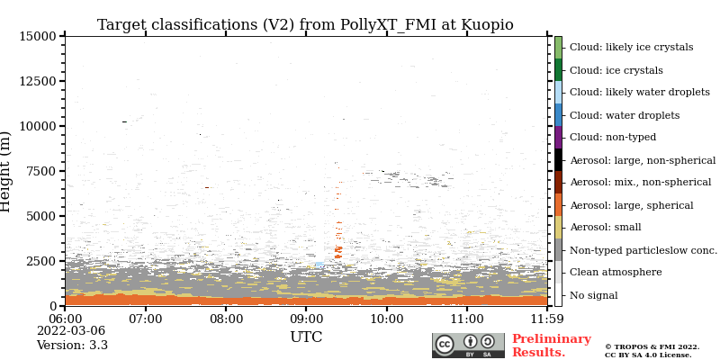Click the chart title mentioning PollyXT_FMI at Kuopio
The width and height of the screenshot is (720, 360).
[x=305, y=25]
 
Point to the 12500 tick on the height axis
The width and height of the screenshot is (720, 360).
[x=37, y=81]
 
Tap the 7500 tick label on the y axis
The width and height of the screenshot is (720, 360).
[x=40, y=171]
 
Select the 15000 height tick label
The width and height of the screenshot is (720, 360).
[x=37, y=36]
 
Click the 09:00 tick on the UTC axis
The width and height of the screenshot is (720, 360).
[x=306, y=319]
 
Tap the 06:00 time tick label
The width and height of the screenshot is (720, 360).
[x=65, y=319]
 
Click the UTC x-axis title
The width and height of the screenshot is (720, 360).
[x=306, y=337]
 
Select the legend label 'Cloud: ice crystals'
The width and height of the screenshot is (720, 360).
[x=616, y=70]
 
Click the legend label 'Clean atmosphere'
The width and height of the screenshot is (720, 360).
[x=616, y=273]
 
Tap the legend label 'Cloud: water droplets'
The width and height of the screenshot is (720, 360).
[x=625, y=115]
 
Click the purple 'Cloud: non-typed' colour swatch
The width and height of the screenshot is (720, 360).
[x=558, y=137]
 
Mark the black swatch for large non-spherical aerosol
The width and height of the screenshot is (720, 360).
[x=558, y=159]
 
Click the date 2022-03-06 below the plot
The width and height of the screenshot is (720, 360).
[x=71, y=331]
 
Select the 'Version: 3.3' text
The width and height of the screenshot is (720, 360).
[x=72, y=346]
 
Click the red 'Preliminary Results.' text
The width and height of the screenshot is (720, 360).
[x=551, y=346]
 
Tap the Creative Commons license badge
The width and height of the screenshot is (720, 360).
[x=468, y=346]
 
